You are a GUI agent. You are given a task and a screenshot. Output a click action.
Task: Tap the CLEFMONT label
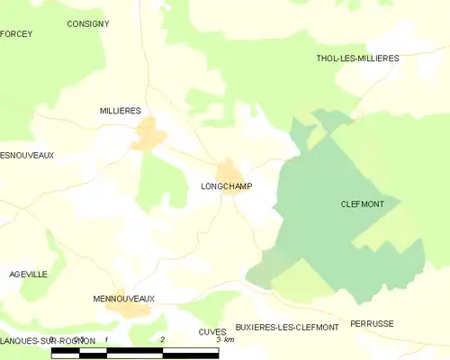(x=363, y=204)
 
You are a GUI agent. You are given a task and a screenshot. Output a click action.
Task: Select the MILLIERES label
(x=121, y=110)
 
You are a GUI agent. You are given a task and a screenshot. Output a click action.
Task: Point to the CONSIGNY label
(x=88, y=23)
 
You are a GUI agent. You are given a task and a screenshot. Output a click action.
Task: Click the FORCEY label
(x=16, y=33)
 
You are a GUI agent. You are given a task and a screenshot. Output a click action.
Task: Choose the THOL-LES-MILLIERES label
(x=357, y=58)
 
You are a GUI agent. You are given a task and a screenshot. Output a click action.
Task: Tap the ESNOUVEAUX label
(x=27, y=155)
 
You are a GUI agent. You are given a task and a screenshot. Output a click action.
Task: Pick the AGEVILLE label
(x=29, y=274)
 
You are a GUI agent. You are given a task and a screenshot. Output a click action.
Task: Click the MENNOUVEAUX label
(x=124, y=298)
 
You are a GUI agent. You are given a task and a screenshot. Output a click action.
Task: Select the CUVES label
(x=212, y=332)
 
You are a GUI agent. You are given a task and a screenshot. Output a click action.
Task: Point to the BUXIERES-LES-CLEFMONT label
(x=286, y=327)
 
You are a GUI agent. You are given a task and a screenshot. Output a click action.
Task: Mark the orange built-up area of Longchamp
(x=229, y=170)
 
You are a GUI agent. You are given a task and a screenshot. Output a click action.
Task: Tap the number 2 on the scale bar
(x=162, y=339)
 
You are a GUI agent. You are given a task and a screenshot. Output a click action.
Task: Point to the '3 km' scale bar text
(x=225, y=339)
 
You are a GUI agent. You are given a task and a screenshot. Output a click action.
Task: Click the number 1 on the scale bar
(x=107, y=339)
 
